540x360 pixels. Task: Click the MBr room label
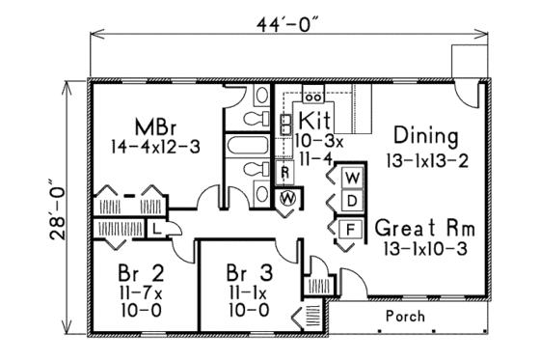(x=154, y=127)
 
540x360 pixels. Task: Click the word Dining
(x=419, y=136)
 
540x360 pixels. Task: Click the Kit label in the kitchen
(x=315, y=121)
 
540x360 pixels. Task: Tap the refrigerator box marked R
(x=286, y=173)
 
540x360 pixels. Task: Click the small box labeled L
(x=155, y=228)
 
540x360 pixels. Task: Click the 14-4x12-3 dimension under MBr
(x=154, y=149)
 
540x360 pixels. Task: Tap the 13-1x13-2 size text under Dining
(x=424, y=159)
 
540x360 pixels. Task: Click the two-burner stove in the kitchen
(x=312, y=97)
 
